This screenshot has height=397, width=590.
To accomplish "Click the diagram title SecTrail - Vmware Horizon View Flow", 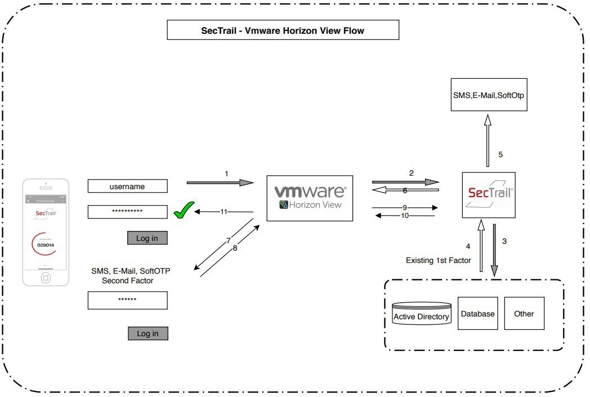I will tap(283, 30).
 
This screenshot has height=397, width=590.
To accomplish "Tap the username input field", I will tap(127, 186).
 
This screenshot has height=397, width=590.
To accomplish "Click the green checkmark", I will tap(183, 212).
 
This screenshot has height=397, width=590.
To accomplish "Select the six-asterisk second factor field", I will tap(127, 300).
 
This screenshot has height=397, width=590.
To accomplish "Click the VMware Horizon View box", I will tap(310, 198).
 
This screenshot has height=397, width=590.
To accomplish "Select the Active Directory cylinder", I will tap(421, 314).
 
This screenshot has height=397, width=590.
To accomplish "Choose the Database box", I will tap(478, 313).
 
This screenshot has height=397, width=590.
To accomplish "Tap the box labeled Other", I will tap(524, 313).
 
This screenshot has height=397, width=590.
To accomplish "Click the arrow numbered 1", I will tap(221, 182).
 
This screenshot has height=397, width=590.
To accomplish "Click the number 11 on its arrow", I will tap(224, 212).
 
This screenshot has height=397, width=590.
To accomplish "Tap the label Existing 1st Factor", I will tap(438, 260).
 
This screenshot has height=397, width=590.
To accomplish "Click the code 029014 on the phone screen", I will tap(46, 245).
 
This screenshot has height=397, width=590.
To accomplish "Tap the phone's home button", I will tap(46, 278).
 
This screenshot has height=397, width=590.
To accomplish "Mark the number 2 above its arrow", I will tap(411, 173).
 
